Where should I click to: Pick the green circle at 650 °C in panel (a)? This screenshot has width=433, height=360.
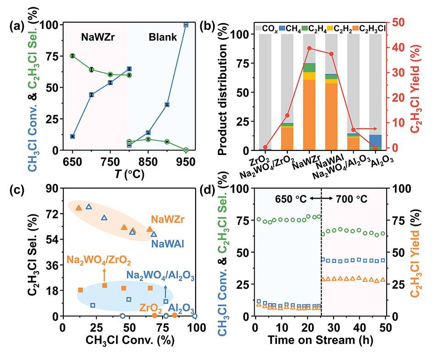72,56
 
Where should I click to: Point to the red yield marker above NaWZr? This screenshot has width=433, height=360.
309,48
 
